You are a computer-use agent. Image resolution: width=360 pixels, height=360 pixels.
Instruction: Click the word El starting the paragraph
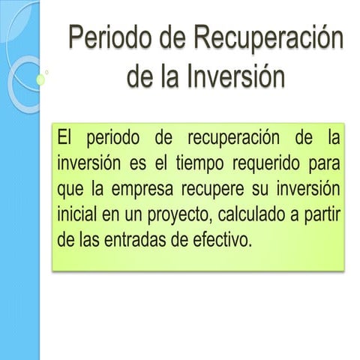coord(67,139)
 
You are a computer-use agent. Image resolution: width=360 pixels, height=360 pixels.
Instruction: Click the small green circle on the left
coord(39,78)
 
